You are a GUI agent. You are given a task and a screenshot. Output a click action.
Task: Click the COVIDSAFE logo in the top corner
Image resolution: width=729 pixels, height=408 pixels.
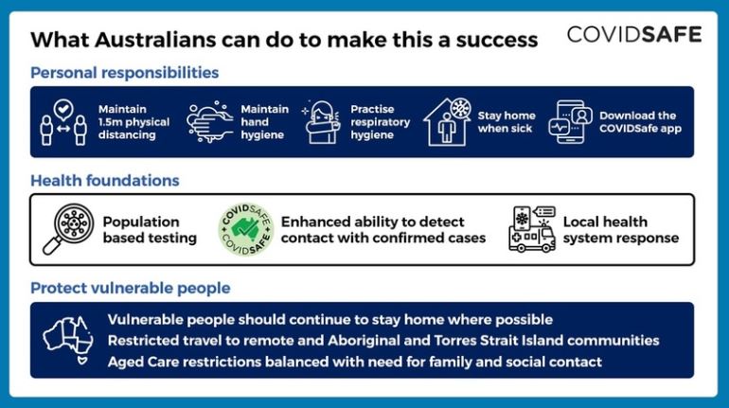click(x=634, y=35)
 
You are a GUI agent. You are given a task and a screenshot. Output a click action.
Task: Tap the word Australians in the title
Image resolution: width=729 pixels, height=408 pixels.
click(x=155, y=40)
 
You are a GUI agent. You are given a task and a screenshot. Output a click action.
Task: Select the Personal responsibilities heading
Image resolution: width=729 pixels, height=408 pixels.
click(x=125, y=73)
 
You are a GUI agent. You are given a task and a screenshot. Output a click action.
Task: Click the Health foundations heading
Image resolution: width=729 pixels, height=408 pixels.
click(x=105, y=180)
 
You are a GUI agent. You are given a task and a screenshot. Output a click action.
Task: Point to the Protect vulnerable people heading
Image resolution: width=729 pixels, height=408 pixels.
click(x=131, y=288)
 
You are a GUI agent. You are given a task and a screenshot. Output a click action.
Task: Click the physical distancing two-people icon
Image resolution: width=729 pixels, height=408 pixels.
click(x=63, y=122)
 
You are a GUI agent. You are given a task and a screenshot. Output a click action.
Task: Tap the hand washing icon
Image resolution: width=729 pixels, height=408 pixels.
click(x=209, y=122)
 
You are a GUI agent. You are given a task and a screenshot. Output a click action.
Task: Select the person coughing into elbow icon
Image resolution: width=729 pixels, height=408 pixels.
click(x=320, y=122)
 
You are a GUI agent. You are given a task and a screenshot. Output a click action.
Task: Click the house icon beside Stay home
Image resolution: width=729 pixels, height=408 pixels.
click(x=447, y=122)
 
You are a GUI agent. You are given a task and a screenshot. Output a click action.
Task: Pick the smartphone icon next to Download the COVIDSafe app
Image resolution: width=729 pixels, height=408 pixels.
click(x=570, y=122)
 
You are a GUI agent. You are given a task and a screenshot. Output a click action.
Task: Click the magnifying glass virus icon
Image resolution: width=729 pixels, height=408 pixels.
click(x=69, y=229)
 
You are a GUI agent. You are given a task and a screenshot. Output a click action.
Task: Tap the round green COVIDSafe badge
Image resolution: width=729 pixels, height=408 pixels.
click(x=246, y=229)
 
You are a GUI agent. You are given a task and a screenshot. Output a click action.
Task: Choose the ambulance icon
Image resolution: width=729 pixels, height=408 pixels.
click(x=532, y=229)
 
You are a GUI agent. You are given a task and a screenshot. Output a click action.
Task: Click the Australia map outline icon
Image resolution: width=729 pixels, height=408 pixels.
click(x=68, y=340)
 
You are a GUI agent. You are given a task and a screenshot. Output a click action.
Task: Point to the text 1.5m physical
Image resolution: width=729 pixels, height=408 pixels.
click(x=133, y=122)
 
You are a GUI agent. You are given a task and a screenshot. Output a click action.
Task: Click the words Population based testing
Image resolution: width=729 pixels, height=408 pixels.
click(x=150, y=229)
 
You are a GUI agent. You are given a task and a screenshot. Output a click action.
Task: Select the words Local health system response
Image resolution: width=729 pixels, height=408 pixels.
click(x=621, y=229)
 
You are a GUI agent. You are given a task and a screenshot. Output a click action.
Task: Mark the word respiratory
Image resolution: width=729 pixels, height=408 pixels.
click(x=381, y=123)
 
